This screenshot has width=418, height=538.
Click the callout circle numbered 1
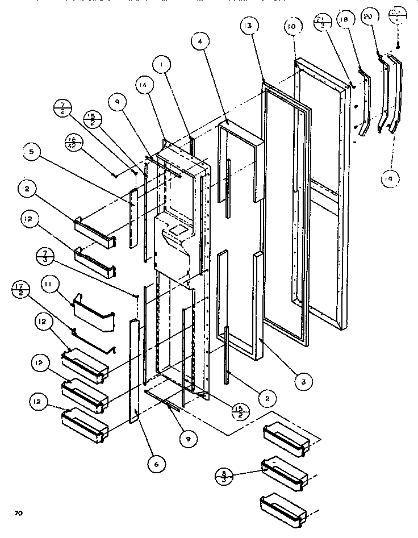pos(162,65)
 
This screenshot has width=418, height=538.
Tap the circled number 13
pos(250,26)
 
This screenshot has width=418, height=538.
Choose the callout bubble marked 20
pos(367,18)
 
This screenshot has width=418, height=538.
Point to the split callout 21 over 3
pos(321,23)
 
